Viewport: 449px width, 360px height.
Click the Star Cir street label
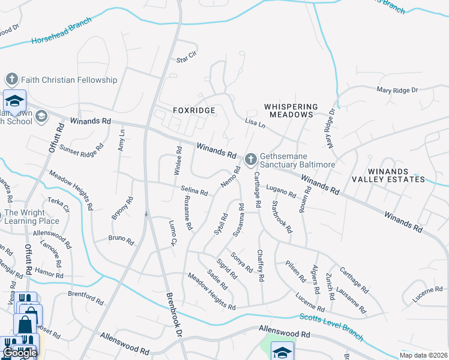click(x=187, y=57)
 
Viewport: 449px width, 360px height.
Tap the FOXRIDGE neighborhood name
click(x=193, y=111)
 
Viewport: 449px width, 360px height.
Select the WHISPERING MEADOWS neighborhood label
click(x=289, y=110)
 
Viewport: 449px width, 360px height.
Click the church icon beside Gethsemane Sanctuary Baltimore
click(x=251, y=158)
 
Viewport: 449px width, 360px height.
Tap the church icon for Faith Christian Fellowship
click(x=11, y=79)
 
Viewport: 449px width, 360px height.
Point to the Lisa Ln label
click(x=255, y=123)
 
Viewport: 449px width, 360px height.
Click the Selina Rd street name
click(x=194, y=191)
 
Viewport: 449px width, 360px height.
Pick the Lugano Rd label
click(x=281, y=191)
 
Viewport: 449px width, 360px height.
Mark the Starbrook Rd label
click(x=282, y=217)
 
